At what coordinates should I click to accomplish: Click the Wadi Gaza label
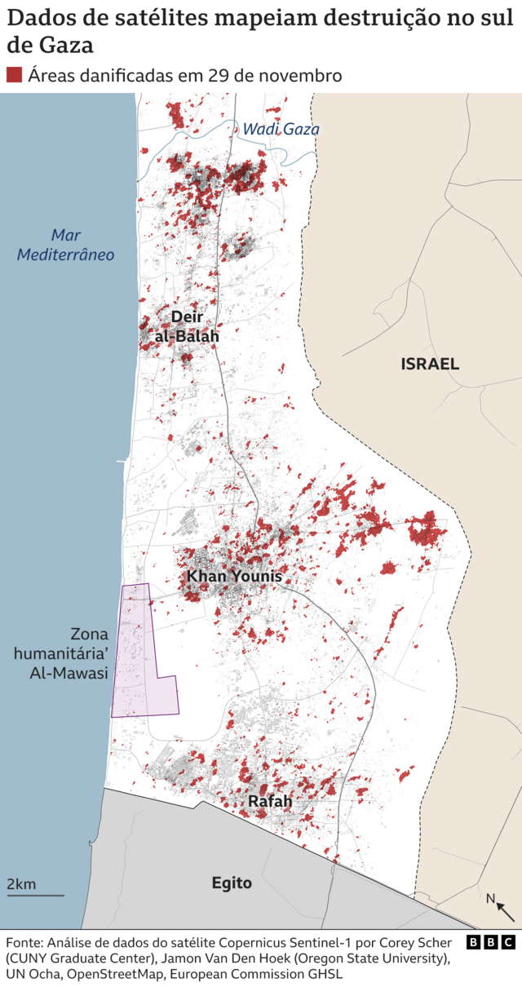tap(281, 129)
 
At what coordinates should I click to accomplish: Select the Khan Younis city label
tap(234, 577)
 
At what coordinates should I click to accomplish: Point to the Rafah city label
tap(270, 802)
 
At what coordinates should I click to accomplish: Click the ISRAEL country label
tap(430, 364)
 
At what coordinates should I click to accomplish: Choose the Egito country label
tap(232, 883)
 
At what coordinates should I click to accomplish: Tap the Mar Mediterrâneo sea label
tap(66, 245)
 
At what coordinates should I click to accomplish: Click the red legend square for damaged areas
tap(14, 75)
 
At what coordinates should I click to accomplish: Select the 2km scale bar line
tap(35, 896)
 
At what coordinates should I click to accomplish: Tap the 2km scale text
tap(21, 884)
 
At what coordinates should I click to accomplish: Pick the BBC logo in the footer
tap(490, 942)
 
